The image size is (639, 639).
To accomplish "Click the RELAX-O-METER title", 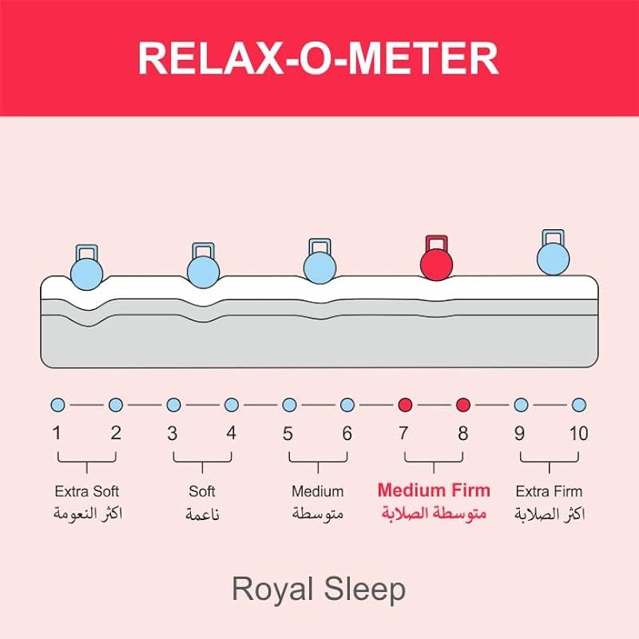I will click(319, 58).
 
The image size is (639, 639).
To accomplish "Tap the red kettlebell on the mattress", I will click(436, 264).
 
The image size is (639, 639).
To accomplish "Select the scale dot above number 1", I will click(57, 405).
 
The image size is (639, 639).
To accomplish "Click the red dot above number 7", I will click(405, 405).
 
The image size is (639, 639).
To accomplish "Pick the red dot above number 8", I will click(463, 405).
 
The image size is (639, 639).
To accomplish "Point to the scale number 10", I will click(578, 434).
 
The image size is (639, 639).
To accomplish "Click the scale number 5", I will click(288, 434).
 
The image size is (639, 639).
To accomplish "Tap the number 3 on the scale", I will click(173, 434).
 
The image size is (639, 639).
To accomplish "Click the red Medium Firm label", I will click(434, 490).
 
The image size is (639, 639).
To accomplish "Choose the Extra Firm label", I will click(549, 491).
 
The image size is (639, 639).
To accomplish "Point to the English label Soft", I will click(202, 491).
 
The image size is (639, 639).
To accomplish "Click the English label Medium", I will click(317, 491).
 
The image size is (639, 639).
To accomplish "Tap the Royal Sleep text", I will click(319, 589).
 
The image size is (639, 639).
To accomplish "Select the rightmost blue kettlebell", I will click(553, 257).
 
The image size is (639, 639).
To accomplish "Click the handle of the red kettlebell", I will click(436, 242).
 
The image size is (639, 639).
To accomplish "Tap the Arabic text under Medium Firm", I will click(434, 513).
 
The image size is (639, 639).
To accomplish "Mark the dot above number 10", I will click(579, 405).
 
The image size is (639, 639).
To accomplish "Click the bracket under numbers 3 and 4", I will click(202, 461).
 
